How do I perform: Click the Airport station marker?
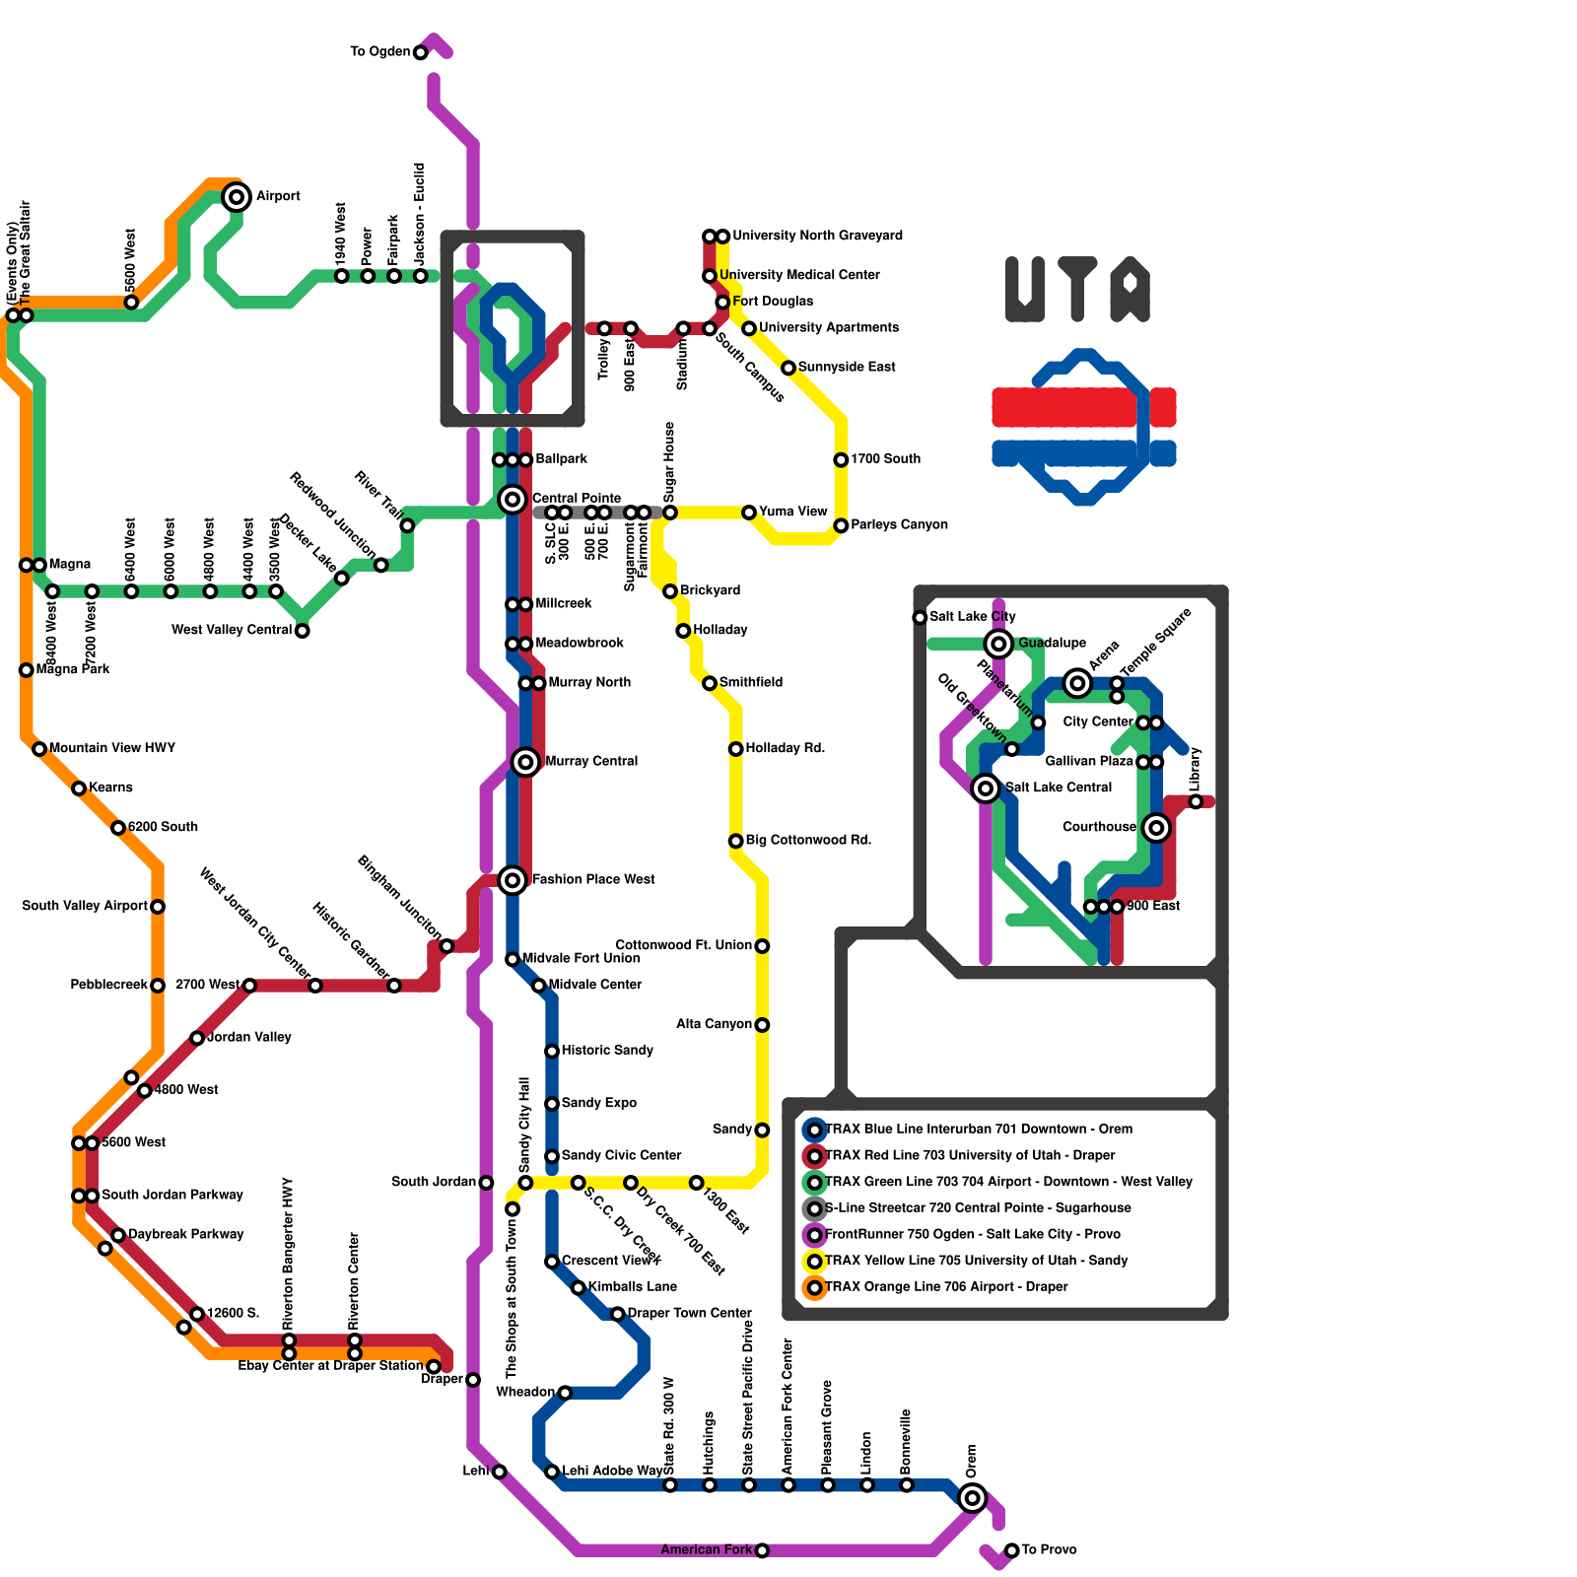point(237,197)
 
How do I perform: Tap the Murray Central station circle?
point(525,762)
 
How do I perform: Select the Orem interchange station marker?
point(973,1498)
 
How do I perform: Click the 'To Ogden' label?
point(379,51)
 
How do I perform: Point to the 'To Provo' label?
point(1049,1550)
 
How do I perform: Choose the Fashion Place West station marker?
point(513,880)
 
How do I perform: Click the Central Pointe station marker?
point(513,500)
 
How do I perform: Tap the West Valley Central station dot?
point(303,631)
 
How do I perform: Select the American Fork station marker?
point(762,1551)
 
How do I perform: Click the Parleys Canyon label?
point(899,525)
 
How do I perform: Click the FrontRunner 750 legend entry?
point(972,1235)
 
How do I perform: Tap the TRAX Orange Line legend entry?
point(946,1287)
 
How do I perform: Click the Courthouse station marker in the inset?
point(1157,828)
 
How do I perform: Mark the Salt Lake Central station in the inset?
point(986,788)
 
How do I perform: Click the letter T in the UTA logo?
point(1078,288)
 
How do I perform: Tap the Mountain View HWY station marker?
point(39,749)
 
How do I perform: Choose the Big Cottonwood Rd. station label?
point(808,841)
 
